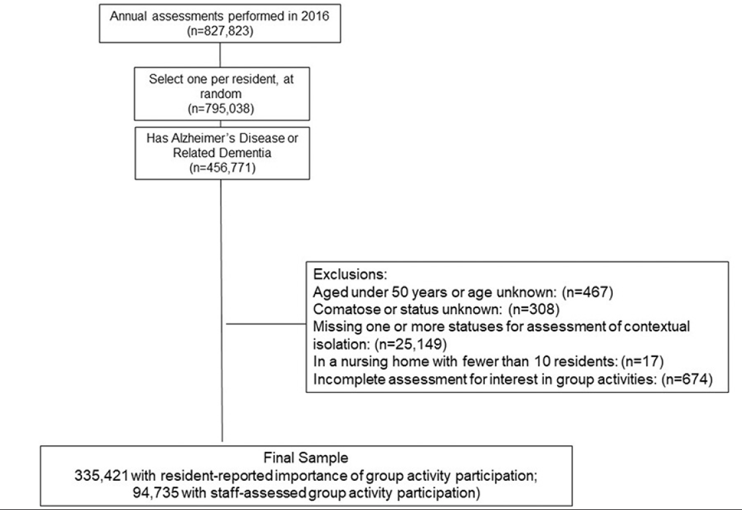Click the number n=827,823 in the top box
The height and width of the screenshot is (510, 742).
coord(221,31)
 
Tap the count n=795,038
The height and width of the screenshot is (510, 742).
coord(221,109)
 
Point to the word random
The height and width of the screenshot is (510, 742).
coord(221,93)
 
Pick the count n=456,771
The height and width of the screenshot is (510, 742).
coord(222,168)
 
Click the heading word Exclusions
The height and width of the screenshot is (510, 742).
coord(350,274)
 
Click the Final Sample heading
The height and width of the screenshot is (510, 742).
coord(305,458)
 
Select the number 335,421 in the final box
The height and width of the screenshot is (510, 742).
coord(101,476)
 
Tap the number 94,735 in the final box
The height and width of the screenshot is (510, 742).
coord(156,493)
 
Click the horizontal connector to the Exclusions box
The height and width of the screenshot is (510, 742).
coord(266,324)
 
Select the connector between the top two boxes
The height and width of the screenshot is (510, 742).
coord(221,55)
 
